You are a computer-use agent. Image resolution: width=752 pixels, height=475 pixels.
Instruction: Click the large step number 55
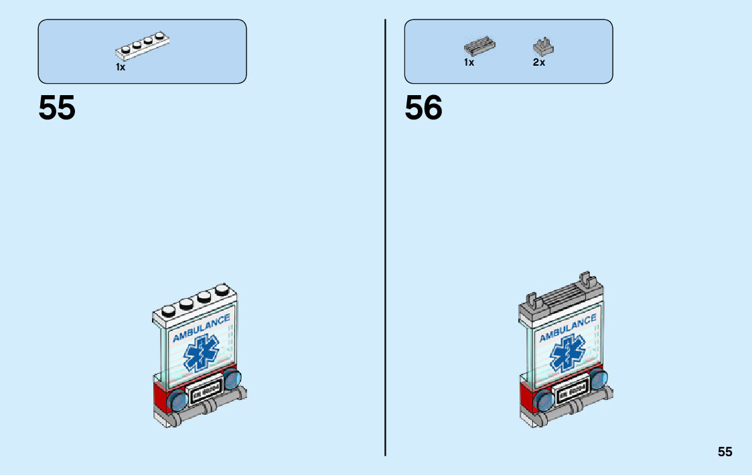[57, 108]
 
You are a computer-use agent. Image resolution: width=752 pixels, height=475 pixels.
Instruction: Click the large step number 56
[423, 108]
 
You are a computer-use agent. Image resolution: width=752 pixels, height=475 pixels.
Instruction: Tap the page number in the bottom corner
[725, 452]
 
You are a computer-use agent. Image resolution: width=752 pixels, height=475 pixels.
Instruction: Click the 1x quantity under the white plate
[121, 68]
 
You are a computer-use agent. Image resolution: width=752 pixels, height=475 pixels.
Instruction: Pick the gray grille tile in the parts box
[479, 46]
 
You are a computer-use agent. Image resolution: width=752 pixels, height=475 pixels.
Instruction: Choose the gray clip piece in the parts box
[543, 46]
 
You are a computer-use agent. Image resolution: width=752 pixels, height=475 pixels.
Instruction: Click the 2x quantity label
[539, 62]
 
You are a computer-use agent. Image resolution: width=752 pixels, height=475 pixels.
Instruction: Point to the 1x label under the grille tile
[469, 62]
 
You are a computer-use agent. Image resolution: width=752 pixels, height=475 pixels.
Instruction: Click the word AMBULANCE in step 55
[201, 328]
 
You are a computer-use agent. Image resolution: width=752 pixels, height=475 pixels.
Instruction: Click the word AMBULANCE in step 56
[567, 328]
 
